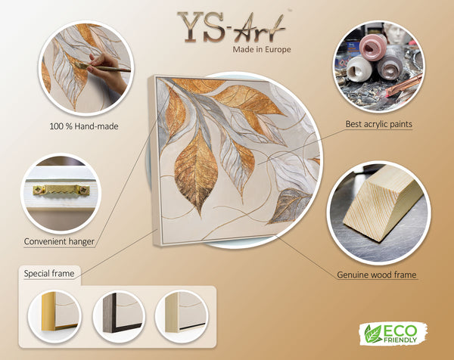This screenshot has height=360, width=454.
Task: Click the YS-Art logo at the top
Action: [232, 27]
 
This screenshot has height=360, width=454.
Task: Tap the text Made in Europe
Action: [262, 49]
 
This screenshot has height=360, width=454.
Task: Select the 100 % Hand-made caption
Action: [84, 126]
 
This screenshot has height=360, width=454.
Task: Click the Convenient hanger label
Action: [59, 241]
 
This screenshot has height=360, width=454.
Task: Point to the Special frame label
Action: [49, 274]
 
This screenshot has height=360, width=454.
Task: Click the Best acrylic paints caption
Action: [379, 124]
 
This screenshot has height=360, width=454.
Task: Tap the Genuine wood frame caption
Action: [377, 275]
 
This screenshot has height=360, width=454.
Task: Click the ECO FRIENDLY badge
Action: [393, 334]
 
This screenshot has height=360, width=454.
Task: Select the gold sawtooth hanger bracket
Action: [61, 190]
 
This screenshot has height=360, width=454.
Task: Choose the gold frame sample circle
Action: [54, 316]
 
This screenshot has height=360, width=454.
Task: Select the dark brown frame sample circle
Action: [119, 316]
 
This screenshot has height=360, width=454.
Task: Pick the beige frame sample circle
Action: [182, 316]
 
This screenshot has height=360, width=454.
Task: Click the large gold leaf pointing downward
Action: [196, 171]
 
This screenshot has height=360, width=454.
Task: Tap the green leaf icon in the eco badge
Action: [372, 334]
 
